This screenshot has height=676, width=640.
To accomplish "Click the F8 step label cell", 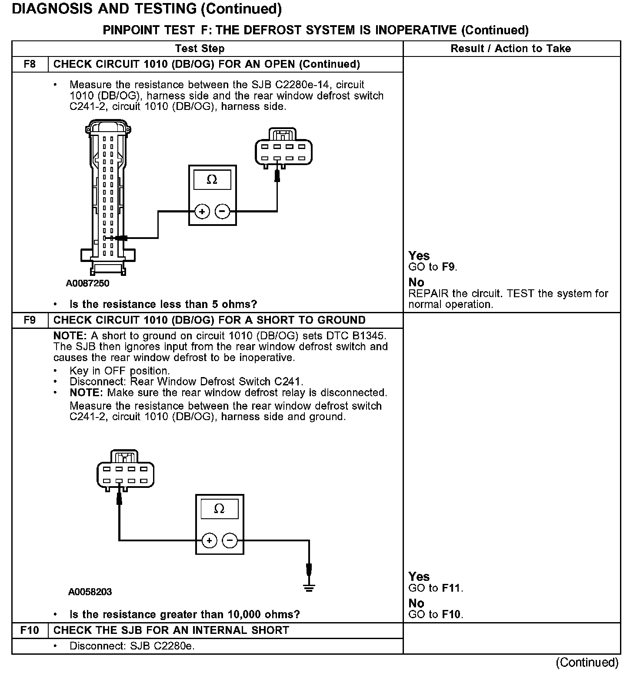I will coord(30,64).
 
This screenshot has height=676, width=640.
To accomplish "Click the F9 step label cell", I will coord(30,320).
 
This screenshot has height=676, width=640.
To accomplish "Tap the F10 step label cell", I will coord(30,630).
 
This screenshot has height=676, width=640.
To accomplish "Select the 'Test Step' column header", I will coord(200,49).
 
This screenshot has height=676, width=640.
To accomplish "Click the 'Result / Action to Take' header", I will coord(511,49).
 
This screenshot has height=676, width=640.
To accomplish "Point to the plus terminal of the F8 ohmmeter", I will coord(202,212).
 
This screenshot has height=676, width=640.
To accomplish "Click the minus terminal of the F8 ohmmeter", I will coord(223,212).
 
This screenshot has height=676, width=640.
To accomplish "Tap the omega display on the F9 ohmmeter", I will coord(220,509).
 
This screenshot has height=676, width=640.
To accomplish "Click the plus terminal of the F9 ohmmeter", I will coord(209,540).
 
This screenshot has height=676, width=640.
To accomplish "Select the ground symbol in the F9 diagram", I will coord(309,587).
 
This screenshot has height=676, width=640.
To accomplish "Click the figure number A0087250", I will coord(88,283).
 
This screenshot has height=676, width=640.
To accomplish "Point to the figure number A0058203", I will coord(90,592).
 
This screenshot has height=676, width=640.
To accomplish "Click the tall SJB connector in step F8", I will coord(108,198).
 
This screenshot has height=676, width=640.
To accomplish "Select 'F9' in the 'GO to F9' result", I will coord(448,267).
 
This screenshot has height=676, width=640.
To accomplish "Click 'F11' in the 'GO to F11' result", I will coord(452,588).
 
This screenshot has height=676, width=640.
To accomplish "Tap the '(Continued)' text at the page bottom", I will coord(587,662).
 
